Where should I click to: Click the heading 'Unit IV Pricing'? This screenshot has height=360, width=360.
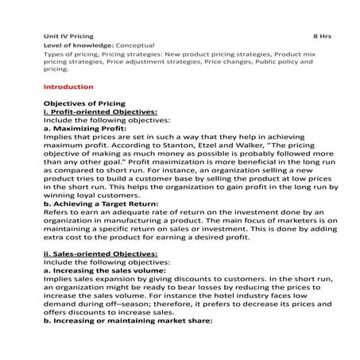[x=68, y=36]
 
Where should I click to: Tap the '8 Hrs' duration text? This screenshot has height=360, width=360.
[x=323, y=36]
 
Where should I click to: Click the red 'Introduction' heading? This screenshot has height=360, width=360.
[x=68, y=86]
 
